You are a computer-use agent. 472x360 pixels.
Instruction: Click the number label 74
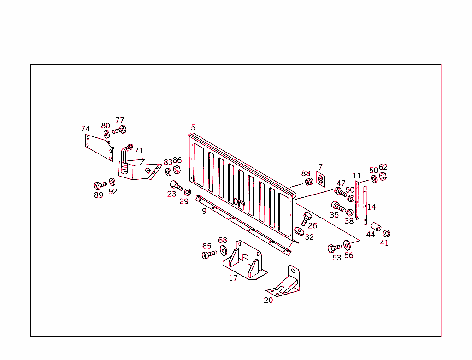click(x=85, y=129)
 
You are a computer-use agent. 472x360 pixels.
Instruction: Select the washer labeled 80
click(x=106, y=134)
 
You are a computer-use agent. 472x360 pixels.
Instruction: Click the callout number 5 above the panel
click(x=193, y=127)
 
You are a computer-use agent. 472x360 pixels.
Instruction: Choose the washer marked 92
click(x=112, y=182)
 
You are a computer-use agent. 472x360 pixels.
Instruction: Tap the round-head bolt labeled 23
click(x=176, y=186)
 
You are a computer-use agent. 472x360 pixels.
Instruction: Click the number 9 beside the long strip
click(x=204, y=211)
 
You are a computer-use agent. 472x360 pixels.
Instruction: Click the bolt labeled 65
click(x=208, y=254)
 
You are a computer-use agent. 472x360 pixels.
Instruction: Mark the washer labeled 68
click(x=224, y=250)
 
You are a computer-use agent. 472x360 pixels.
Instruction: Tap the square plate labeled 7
click(x=321, y=178)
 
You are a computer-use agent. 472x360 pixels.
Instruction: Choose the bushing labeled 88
click(x=308, y=182)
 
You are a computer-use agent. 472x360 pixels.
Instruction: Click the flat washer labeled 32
click(x=299, y=230)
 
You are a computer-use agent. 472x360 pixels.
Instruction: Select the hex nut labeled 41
click(x=386, y=233)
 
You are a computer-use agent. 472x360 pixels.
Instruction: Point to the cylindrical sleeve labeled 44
click(x=376, y=227)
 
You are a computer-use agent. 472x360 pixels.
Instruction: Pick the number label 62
click(x=383, y=167)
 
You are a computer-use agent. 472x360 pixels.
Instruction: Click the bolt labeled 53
click(x=334, y=248)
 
